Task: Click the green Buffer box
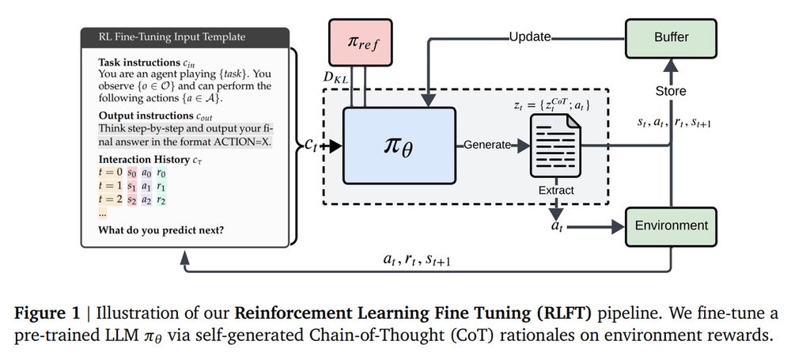pos(672,36)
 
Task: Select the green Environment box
pos(672,225)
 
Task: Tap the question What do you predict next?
pos(161,230)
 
